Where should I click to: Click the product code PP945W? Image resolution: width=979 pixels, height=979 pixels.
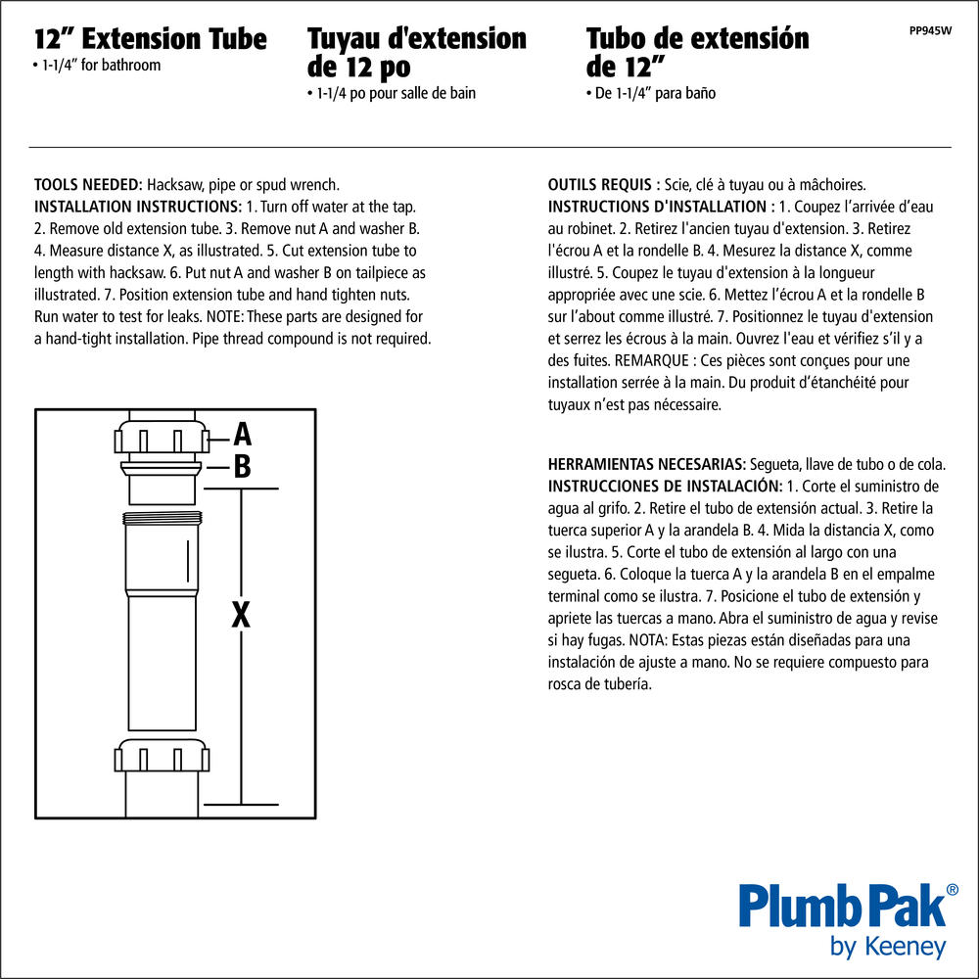coord(930,30)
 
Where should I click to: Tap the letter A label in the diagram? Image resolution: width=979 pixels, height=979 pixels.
coord(242,434)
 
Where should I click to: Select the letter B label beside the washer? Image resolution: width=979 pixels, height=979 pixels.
coord(242,466)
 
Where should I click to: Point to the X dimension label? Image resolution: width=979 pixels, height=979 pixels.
coord(241,615)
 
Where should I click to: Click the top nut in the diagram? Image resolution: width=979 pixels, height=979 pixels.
coord(162,437)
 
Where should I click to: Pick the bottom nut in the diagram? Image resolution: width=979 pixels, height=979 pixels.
coord(162,756)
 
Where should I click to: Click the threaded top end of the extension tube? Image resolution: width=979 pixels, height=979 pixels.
coord(162,518)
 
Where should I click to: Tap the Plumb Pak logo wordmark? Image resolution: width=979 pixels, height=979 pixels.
coord(842,906)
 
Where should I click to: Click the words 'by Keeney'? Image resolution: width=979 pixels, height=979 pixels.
coord(888,947)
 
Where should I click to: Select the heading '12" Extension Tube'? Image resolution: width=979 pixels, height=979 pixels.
coord(151,39)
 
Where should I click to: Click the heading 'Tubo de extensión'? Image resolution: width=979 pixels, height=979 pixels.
coord(697,39)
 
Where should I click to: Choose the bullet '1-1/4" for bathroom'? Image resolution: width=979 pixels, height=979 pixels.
coord(97,66)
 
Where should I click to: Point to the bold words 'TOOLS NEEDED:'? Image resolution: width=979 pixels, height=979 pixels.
coord(88,185)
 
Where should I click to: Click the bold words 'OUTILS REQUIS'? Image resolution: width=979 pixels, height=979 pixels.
coord(599,185)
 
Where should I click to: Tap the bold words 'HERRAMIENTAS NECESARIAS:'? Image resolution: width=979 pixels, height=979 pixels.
coord(647,464)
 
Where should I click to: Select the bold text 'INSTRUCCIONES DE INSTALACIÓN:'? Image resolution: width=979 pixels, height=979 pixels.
coord(665,487)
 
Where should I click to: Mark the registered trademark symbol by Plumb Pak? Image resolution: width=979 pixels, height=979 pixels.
coord(953,890)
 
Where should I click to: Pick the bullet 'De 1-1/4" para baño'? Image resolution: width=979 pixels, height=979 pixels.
coord(651,94)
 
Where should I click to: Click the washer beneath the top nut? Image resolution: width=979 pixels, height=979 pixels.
coord(162,467)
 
